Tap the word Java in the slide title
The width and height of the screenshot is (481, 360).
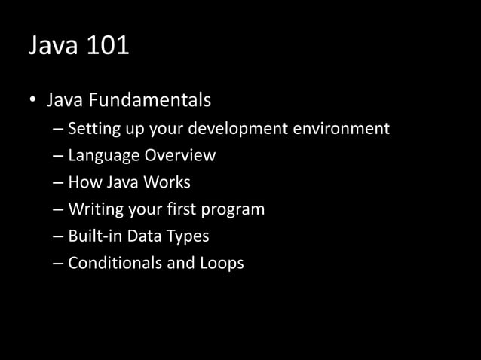coord(53,47)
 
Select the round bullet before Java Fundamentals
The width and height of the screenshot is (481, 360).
coord(33,100)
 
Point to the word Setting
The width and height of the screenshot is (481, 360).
coord(93,129)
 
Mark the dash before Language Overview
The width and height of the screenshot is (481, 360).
coord(59,157)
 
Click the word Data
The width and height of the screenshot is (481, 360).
coord(143,236)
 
